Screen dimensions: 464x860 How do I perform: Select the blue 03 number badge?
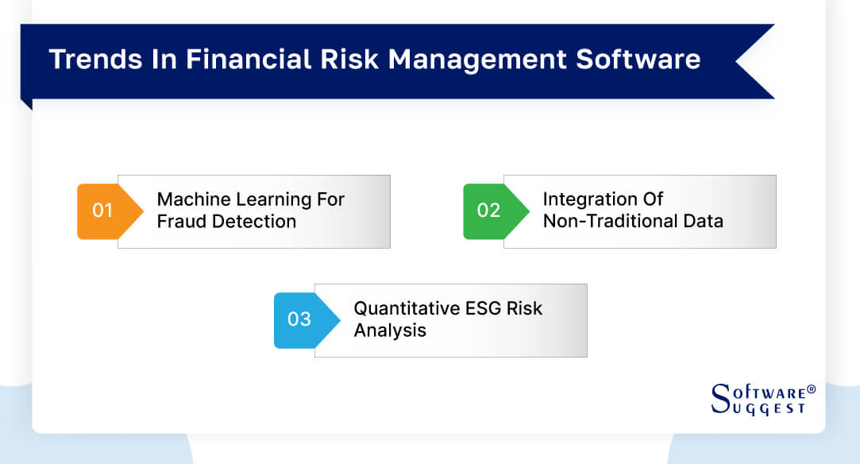[x=299, y=319]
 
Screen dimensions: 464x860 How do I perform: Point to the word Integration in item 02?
[x=587, y=199]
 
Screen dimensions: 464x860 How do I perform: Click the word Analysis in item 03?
[x=390, y=330]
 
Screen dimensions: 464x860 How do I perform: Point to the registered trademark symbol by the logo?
[x=811, y=390]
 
